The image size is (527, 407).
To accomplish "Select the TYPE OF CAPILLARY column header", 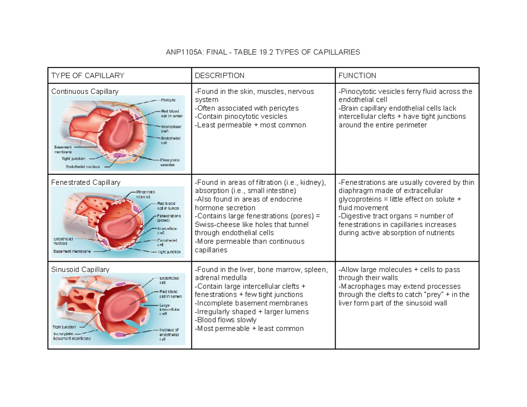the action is coord(87,76).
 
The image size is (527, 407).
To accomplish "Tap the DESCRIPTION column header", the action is coord(220,76).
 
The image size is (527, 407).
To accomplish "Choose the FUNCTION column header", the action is coord(357,76).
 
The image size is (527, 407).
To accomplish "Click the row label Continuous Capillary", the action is coord(85,91).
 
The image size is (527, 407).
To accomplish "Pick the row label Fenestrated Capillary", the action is coord(86,182).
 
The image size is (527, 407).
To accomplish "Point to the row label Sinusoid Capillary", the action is coord(80,269).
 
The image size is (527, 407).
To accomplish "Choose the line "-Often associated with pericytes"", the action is coord(246,108).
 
